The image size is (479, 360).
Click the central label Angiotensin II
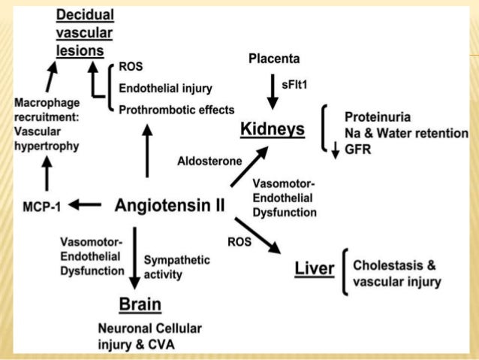tap(169, 204)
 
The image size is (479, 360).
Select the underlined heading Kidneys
tap(272, 129)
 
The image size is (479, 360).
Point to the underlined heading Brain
tap(140, 304)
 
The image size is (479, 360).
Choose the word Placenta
tap(273, 59)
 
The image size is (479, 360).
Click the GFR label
tap(357, 149)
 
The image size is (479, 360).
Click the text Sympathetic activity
tap(176, 267)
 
